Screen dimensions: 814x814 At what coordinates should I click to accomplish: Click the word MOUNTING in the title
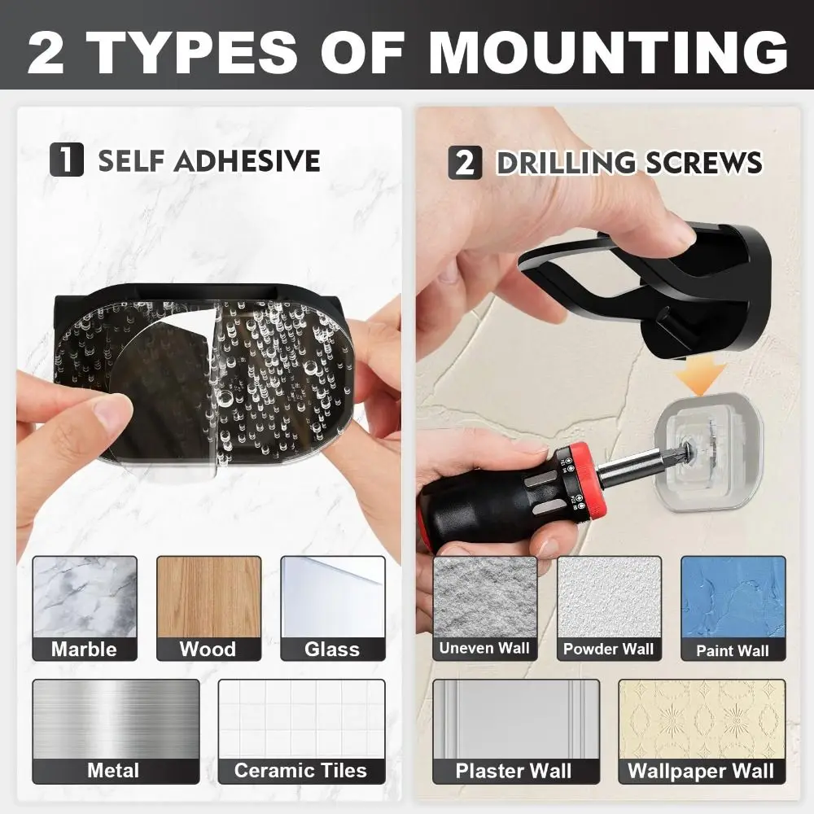[608, 52]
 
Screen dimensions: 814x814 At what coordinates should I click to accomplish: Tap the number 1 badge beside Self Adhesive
[67, 160]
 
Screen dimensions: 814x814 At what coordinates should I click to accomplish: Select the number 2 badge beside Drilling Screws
[465, 163]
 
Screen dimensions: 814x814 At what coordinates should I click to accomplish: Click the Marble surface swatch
[85, 608]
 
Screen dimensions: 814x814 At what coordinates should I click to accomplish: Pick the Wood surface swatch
[208, 608]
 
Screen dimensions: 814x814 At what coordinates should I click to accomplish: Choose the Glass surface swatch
[333, 608]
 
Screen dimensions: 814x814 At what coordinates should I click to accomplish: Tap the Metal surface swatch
[116, 732]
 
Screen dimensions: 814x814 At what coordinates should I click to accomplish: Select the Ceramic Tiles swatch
[302, 732]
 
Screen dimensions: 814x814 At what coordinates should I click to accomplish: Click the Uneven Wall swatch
[485, 608]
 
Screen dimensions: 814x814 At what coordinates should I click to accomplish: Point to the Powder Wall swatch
[609, 608]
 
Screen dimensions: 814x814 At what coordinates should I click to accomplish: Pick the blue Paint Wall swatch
[733, 608]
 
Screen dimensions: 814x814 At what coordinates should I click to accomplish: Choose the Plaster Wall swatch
[516, 732]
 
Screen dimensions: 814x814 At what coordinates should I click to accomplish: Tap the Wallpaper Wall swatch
[702, 732]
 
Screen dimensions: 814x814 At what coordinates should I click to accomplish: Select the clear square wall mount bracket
[707, 452]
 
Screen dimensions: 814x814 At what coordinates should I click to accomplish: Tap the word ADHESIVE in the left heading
[247, 160]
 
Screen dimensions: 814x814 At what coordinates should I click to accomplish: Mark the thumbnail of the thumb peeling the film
[111, 414]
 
